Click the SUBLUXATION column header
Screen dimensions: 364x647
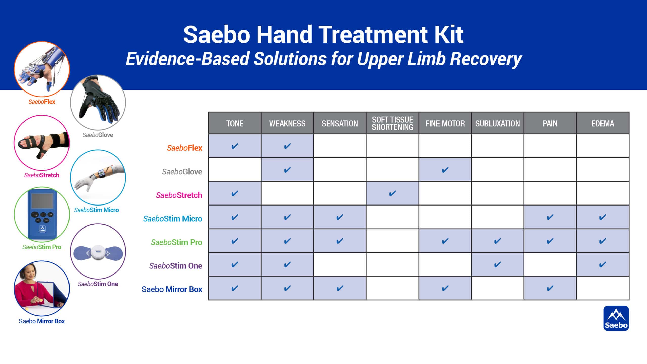pyautogui.click(x=497, y=123)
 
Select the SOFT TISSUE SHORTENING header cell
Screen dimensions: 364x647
pyautogui.click(x=392, y=123)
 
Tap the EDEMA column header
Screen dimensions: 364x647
pyautogui.click(x=603, y=123)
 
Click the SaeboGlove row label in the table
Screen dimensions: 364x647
pyautogui.click(x=182, y=172)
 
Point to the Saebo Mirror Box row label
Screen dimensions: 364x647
pyautogui.click(x=172, y=289)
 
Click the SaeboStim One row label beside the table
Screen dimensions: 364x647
pyautogui.click(x=175, y=266)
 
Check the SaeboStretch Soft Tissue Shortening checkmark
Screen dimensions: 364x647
pyautogui.click(x=392, y=193)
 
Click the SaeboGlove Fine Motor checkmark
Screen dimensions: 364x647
pyautogui.click(x=445, y=170)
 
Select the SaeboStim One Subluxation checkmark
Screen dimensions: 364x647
pyautogui.click(x=497, y=264)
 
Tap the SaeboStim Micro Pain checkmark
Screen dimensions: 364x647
pyautogui.click(x=550, y=217)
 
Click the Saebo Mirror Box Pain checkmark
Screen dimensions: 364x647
pyautogui.click(x=550, y=288)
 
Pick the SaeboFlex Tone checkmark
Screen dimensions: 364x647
pyautogui.click(x=235, y=146)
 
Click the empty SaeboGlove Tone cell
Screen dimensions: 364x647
pyautogui.click(x=235, y=170)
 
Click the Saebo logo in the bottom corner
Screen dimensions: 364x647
pyautogui.click(x=616, y=318)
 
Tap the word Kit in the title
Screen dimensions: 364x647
pyautogui.click(x=449, y=35)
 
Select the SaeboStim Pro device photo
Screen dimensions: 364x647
pyautogui.click(x=42, y=214)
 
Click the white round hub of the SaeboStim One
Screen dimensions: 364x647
pyautogui.click(x=98, y=252)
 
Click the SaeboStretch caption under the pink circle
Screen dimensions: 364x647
pyautogui.click(x=42, y=175)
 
